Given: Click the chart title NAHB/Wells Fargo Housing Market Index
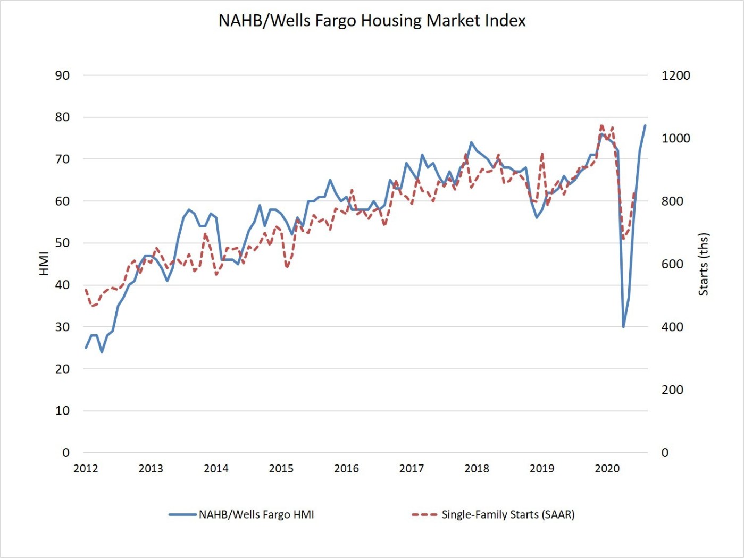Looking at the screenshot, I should click(372, 21).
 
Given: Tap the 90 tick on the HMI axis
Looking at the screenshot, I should click(62, 75).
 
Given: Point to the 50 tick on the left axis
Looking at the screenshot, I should click(62, 243).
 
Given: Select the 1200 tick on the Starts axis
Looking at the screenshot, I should click(675, 75).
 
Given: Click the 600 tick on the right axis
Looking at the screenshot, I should click(672, 264).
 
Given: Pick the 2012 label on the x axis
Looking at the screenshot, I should click(86, 468).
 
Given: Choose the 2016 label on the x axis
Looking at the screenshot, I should click(346, 468).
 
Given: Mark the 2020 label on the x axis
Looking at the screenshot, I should click(607, 468).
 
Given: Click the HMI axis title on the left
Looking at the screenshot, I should click(44, 264).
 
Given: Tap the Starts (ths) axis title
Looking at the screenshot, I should click(704, 264).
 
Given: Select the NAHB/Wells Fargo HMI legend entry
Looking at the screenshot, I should click(242, 514).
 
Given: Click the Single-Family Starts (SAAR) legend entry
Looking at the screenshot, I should click(493, 514).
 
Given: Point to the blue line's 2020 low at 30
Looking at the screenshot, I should click(623, 326).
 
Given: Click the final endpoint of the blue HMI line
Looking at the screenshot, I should click(645, 125).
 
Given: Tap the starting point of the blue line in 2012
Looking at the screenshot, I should click(86, 348).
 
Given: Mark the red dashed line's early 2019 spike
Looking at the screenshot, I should click(542, 154).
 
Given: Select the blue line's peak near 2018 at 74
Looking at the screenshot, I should click(471, 142).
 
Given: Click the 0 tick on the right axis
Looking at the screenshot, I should click(665, 453).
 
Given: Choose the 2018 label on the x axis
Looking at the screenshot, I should click(477, 468).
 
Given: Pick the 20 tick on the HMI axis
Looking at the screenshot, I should click(62, 369).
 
